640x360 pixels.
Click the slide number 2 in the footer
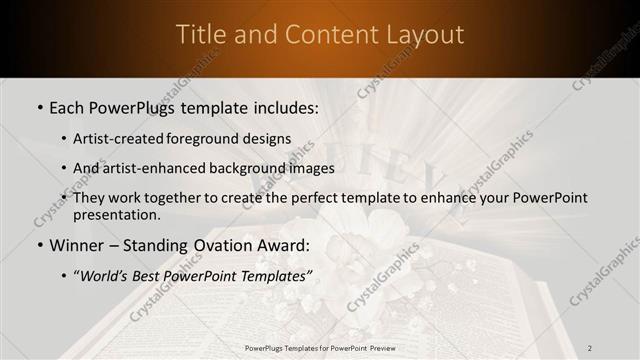point(590,348)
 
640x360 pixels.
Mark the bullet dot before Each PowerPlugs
point(38,108)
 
